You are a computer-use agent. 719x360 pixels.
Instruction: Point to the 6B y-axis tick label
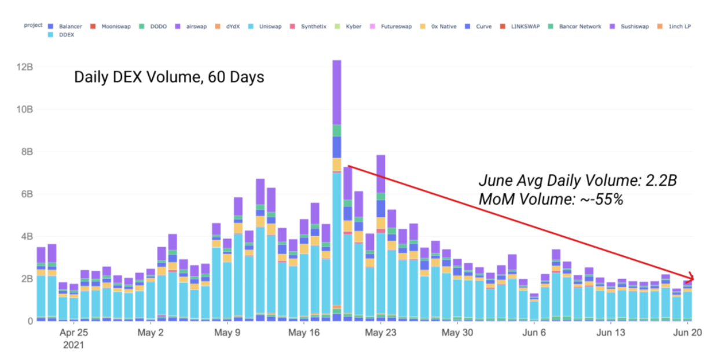(25, 194)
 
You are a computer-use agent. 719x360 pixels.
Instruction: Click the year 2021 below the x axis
(74, 345)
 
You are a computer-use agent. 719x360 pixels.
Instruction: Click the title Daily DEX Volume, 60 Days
(169, 76)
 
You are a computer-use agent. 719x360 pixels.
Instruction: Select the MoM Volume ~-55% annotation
(551, 200)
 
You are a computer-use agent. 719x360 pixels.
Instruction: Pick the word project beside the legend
(33, 25)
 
